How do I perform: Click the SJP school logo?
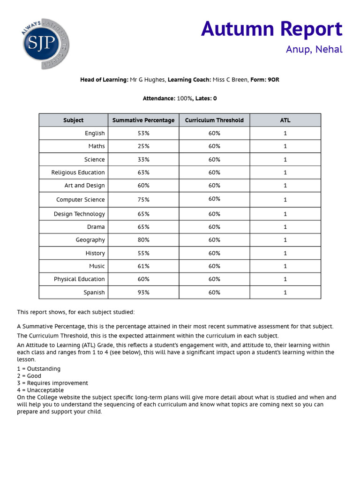coord(46,45)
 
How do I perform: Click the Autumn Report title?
coord(271,29)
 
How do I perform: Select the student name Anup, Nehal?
coord(314,49)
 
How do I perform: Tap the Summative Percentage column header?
coord(143,120)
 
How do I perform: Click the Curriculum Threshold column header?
coord(214,120)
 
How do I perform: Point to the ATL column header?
coord(285,120)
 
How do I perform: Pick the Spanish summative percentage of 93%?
coord(143,292)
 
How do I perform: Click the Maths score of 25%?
coord(143,146)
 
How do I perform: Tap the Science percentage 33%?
coord(143,159)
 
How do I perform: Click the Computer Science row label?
coord(80,200)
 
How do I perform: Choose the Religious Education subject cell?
coord(78,172)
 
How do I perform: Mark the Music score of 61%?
coord(143,266)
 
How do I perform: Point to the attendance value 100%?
coord(184,98)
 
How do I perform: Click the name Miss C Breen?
coord(230,80)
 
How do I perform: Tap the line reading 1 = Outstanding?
coord(39,369)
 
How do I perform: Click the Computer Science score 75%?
coord(143,200)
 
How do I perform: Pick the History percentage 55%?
coord(143,253)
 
